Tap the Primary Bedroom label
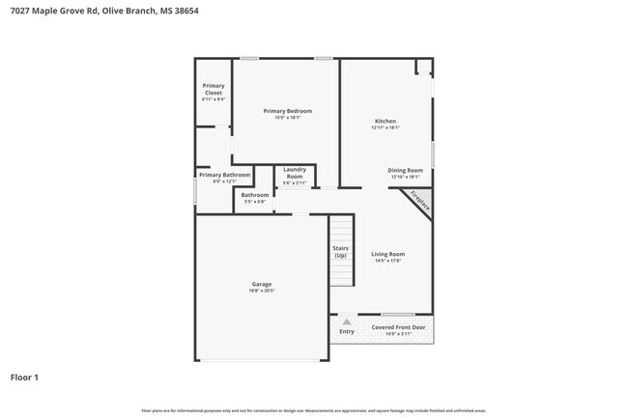(x=288, y=111)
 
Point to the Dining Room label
(x=405, y=170)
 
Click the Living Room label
(x=387, y=254)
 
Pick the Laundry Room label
(x=295, y=174)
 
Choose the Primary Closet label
(x=214, y=89)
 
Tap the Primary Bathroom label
(x=225, y=175)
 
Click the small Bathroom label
(x=255, y=196)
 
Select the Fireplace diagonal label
(x=418, y=201)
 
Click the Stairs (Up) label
(x=340, y=251)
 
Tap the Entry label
(x=346, y=332)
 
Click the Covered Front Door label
(x=398, y=327)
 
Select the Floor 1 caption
(x=24, y=377)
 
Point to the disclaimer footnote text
(x=313, y=411)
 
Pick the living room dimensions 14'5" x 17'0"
(x=387, y=261)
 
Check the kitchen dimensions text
(x=385, y=127)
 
